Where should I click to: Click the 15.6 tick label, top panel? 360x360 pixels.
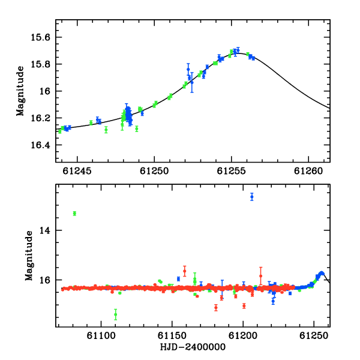point(40,37)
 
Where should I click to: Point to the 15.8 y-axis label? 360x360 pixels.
point(40,64)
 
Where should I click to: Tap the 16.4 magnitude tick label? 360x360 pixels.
point(40,145)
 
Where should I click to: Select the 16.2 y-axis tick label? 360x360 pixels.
point(40,118)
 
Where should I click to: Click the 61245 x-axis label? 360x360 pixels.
point(77,171)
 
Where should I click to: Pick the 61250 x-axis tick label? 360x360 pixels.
point(154,171)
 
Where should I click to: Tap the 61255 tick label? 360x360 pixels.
point(232,171)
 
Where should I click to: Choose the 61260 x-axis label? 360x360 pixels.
point(308,171)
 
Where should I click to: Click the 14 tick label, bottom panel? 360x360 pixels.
point(44,230)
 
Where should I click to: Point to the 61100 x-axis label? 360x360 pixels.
point(101,336)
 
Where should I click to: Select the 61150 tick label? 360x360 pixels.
point(172,336)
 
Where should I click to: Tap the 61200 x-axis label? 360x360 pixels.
point(243,336)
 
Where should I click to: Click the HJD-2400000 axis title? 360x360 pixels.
point(193,347)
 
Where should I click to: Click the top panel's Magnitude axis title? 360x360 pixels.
point(20,91)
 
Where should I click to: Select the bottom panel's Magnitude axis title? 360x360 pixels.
point(29,256)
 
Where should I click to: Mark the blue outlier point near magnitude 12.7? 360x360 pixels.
point(252,197)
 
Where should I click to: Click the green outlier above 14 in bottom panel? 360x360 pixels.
point(74,214)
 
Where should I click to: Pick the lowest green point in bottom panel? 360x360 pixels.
point(115,314)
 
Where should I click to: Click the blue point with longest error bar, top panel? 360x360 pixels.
point(192,82)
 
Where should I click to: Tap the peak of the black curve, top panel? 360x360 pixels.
point(239,53)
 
